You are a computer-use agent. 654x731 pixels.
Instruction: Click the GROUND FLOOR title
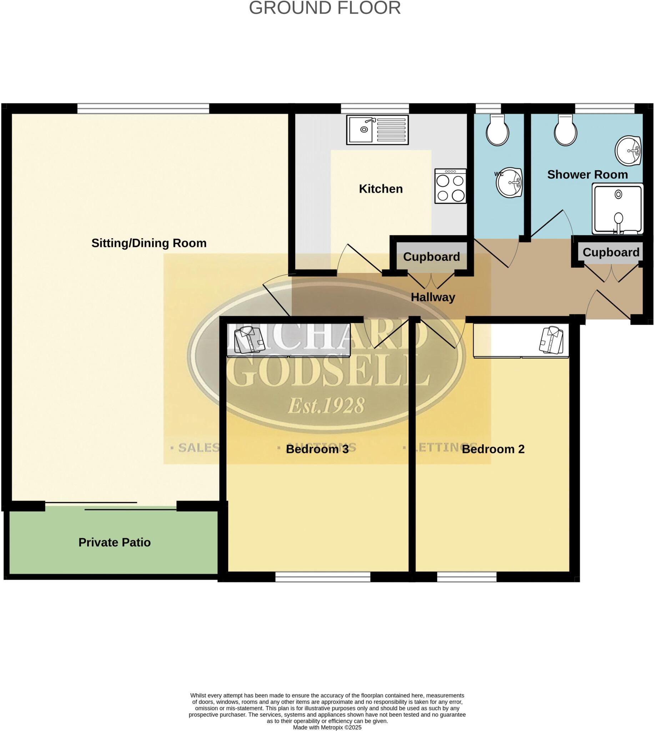325,8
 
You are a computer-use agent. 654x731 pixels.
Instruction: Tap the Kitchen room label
381,189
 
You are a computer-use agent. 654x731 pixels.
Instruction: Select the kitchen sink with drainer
377,130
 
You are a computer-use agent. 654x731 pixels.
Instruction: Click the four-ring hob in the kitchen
450,186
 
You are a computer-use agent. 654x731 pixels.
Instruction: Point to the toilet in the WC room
497,130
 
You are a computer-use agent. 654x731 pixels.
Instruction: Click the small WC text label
499,174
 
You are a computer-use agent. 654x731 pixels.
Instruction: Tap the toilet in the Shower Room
565,130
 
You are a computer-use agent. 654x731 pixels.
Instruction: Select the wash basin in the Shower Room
628,151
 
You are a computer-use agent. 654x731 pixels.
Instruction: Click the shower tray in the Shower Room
617,209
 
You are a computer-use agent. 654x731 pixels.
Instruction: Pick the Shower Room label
587,175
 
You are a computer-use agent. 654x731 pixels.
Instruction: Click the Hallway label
433,297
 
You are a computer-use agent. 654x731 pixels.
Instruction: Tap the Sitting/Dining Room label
149,243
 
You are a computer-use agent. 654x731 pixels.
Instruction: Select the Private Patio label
114,542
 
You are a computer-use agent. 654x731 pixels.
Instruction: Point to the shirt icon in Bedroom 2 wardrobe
551,339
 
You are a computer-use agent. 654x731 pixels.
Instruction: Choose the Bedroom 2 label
493,449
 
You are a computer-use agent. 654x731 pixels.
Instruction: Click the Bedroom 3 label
317,449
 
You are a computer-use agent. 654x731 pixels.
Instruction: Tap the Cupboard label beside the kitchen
431,257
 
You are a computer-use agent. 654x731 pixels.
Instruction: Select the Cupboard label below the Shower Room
610,252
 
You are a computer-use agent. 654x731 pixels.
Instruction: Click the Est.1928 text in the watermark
326,405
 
